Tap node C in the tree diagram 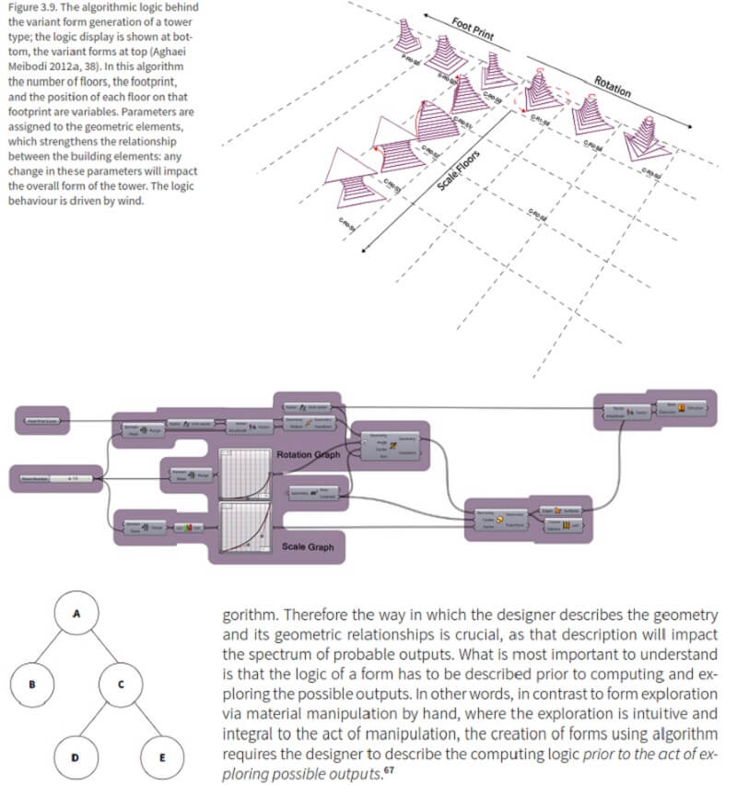(122, 685)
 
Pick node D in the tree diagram (76, 757)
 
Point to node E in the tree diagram (162, 757)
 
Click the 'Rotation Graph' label (307, 454)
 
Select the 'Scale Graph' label (309, 546)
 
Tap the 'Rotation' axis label (612, 86)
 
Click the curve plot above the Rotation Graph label (243, 472)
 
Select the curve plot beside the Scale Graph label (243, 528)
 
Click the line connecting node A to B (54, 650)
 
